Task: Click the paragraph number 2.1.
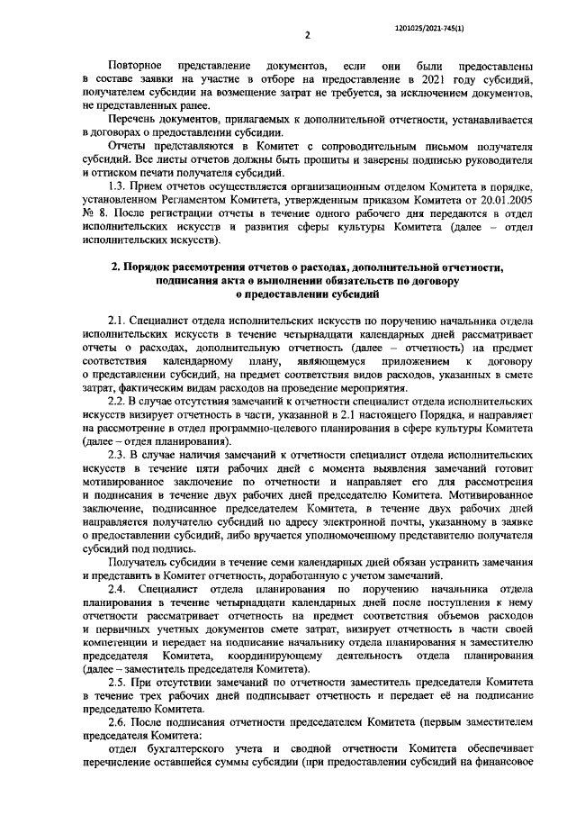tap(117, 320)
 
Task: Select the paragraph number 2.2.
tap(117, 401)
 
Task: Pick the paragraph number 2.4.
tap(117, 589)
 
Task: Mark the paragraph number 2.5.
tap(117, 683)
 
